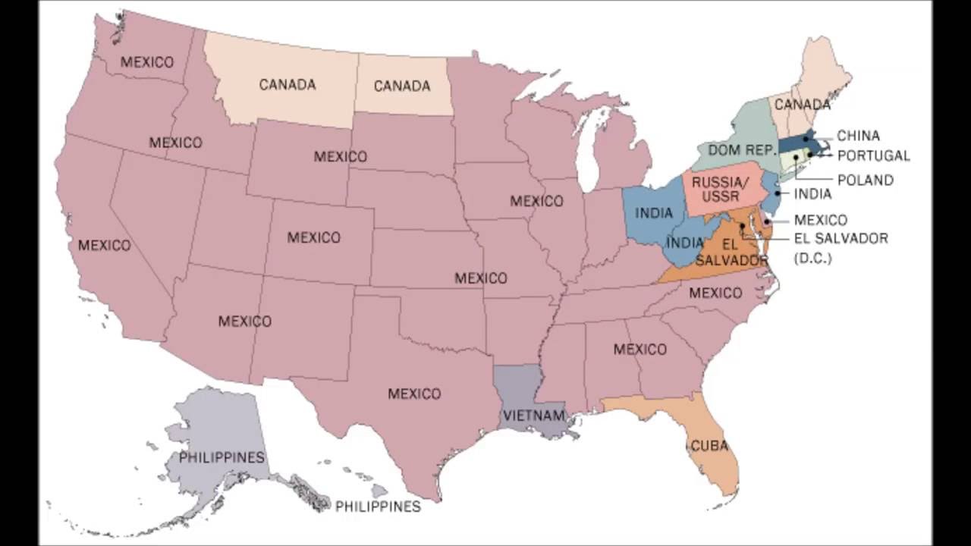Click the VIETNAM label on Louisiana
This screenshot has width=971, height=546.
pos(534,415)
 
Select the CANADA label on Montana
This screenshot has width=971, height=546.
pos(288,84)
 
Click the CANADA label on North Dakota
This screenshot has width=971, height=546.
pos(402,86)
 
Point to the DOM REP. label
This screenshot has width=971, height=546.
pos(739,150)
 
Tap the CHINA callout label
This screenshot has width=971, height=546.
pos(858,136)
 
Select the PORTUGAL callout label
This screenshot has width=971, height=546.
pos(873,155)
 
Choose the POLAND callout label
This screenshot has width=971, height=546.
pos(864,180)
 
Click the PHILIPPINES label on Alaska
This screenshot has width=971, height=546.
pos(222,457)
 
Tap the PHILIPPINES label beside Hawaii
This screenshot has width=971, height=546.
pos(378,506)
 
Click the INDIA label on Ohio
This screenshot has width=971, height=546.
pos(654,213)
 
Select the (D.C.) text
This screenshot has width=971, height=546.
pos(812,258)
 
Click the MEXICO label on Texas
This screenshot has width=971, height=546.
pos(414,394)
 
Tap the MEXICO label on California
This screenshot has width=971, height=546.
pos(104,245)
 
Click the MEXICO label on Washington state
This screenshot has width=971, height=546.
pos(147,61)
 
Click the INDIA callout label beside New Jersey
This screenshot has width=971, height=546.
pos(812,194)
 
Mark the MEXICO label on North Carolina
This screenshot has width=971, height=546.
pos(715,293)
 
